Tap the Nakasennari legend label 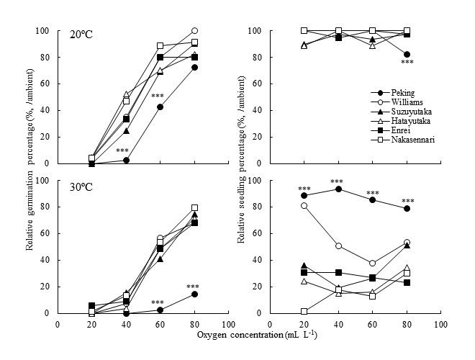point(413,140)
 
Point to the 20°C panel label point(81,35)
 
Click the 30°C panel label point(81,187)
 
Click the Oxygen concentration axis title point(257,335)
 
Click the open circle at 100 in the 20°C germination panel point(194,31)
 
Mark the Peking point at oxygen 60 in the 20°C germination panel point(160,107)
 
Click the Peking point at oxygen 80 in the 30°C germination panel point(194,294)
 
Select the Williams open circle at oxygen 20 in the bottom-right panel point(304,206)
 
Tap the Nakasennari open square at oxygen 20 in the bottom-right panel point(304,312)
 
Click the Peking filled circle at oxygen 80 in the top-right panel point(407,55)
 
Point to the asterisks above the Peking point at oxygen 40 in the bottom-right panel point(337,181)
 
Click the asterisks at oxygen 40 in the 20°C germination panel point(122,150)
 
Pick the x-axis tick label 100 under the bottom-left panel point(229,325)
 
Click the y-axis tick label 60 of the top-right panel point(257,84)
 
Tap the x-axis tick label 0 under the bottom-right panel point(270,325)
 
